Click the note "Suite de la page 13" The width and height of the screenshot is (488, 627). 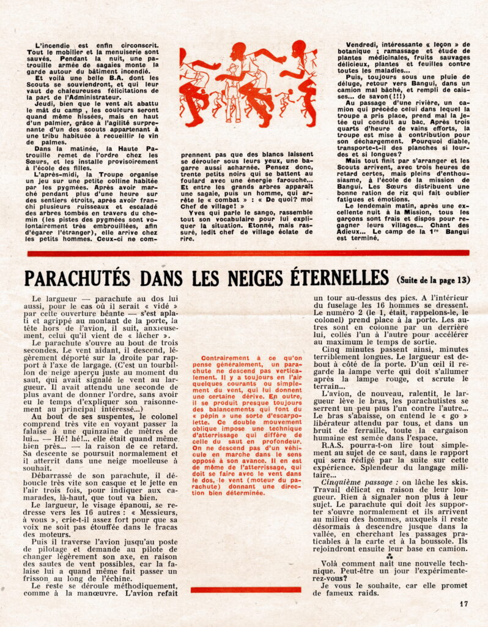click(433, 280)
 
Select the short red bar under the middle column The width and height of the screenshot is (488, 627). click(245, 590)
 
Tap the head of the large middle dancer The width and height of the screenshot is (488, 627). click(239, 49)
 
